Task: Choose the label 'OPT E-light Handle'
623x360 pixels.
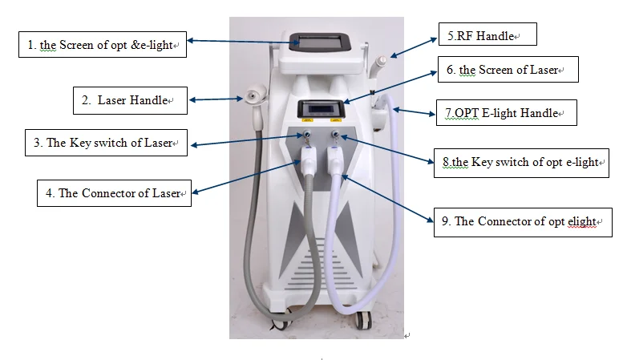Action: [x=507, y=113]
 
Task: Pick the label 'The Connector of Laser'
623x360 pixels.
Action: [x=114, y=193]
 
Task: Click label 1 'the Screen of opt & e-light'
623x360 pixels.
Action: [x=102, y=45]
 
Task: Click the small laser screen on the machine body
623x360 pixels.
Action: [x=322, y=108]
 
